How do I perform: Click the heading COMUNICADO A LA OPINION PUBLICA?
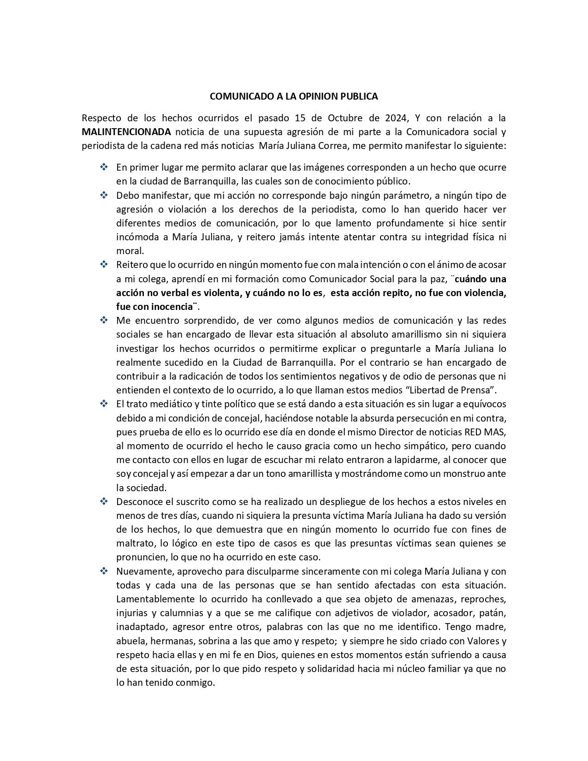click(294, 96)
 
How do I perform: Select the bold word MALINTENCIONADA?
click(126, 132)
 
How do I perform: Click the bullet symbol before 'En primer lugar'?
click(104, 167)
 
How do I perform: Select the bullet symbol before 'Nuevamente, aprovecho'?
click(104, 571)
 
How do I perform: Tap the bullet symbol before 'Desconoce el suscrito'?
click(104, 501)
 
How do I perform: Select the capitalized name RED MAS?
click(492, 432)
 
